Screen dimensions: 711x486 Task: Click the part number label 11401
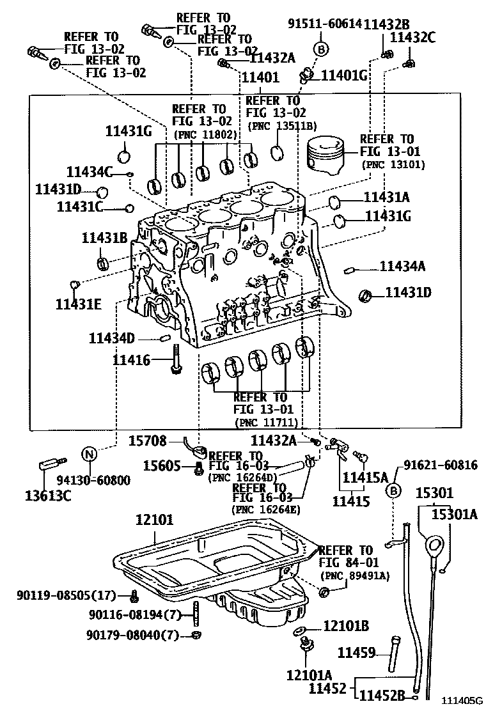click(260, 77)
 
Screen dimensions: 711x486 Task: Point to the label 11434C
click(89, 171)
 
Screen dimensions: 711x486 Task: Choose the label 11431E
click(78, 304)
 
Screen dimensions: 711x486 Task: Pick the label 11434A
click(402, 266)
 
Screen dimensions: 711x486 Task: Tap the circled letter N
click(90, 455)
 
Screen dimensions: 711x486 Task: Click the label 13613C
click(49, 495)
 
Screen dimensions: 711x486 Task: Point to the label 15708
click(148, 441)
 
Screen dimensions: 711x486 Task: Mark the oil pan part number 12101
click(154, 520)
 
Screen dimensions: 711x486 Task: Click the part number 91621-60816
click(440, 465)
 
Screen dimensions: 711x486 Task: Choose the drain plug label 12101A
click(309, 675)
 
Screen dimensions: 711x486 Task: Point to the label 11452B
click(383, 696)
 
